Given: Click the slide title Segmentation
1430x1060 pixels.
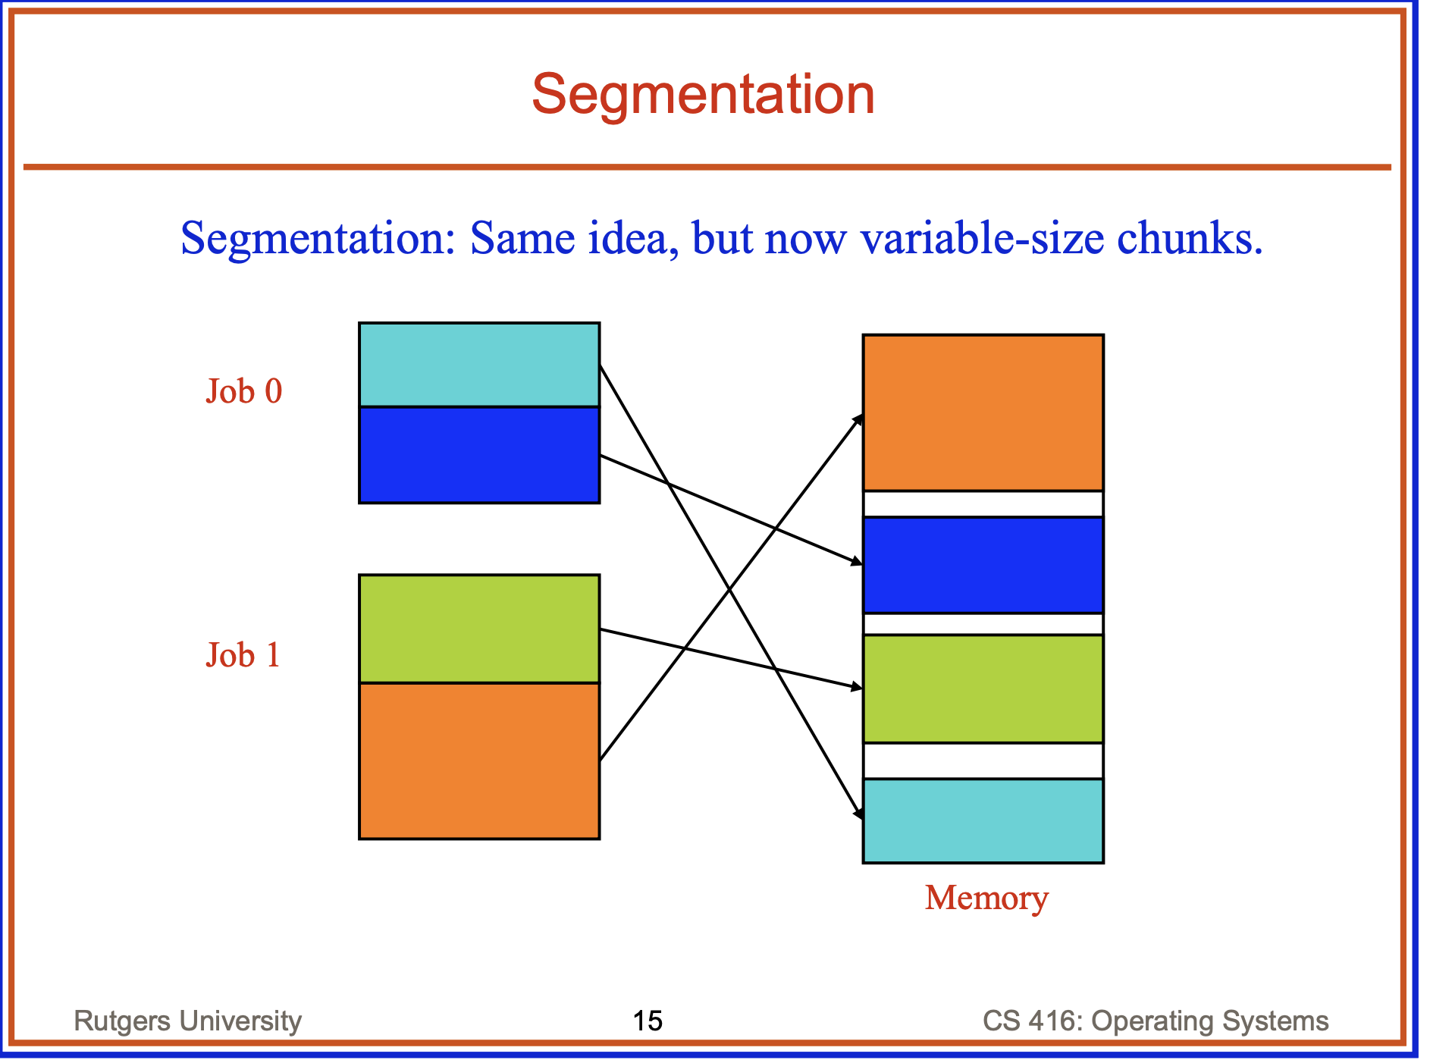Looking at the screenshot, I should coord(703,94).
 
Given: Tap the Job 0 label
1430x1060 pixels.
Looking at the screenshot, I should coord(243,392).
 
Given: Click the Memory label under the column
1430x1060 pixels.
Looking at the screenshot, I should coord(986,898).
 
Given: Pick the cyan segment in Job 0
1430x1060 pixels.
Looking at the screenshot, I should coord(479,365).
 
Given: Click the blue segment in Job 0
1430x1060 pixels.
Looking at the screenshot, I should coord(479,455).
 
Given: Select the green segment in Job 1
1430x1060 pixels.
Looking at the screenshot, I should coord(479,629).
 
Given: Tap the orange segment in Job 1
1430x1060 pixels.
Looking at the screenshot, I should coord(479,761).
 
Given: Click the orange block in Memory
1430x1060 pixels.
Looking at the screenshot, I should coord(983,413).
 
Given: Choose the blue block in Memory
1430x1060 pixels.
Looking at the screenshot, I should coord(983,565).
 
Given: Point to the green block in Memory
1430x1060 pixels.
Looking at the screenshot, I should coord(983,688).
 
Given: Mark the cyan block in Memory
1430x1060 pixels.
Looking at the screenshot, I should coord(983,821).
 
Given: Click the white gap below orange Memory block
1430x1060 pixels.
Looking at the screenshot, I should coord(983,504).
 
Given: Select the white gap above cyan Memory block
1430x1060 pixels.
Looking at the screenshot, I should coord(983,761).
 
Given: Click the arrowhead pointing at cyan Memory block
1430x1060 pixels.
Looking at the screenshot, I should coord(859,813).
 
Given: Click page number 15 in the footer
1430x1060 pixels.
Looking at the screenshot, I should coord(648,1021).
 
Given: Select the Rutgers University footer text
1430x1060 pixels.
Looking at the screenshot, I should coord(187,1021).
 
